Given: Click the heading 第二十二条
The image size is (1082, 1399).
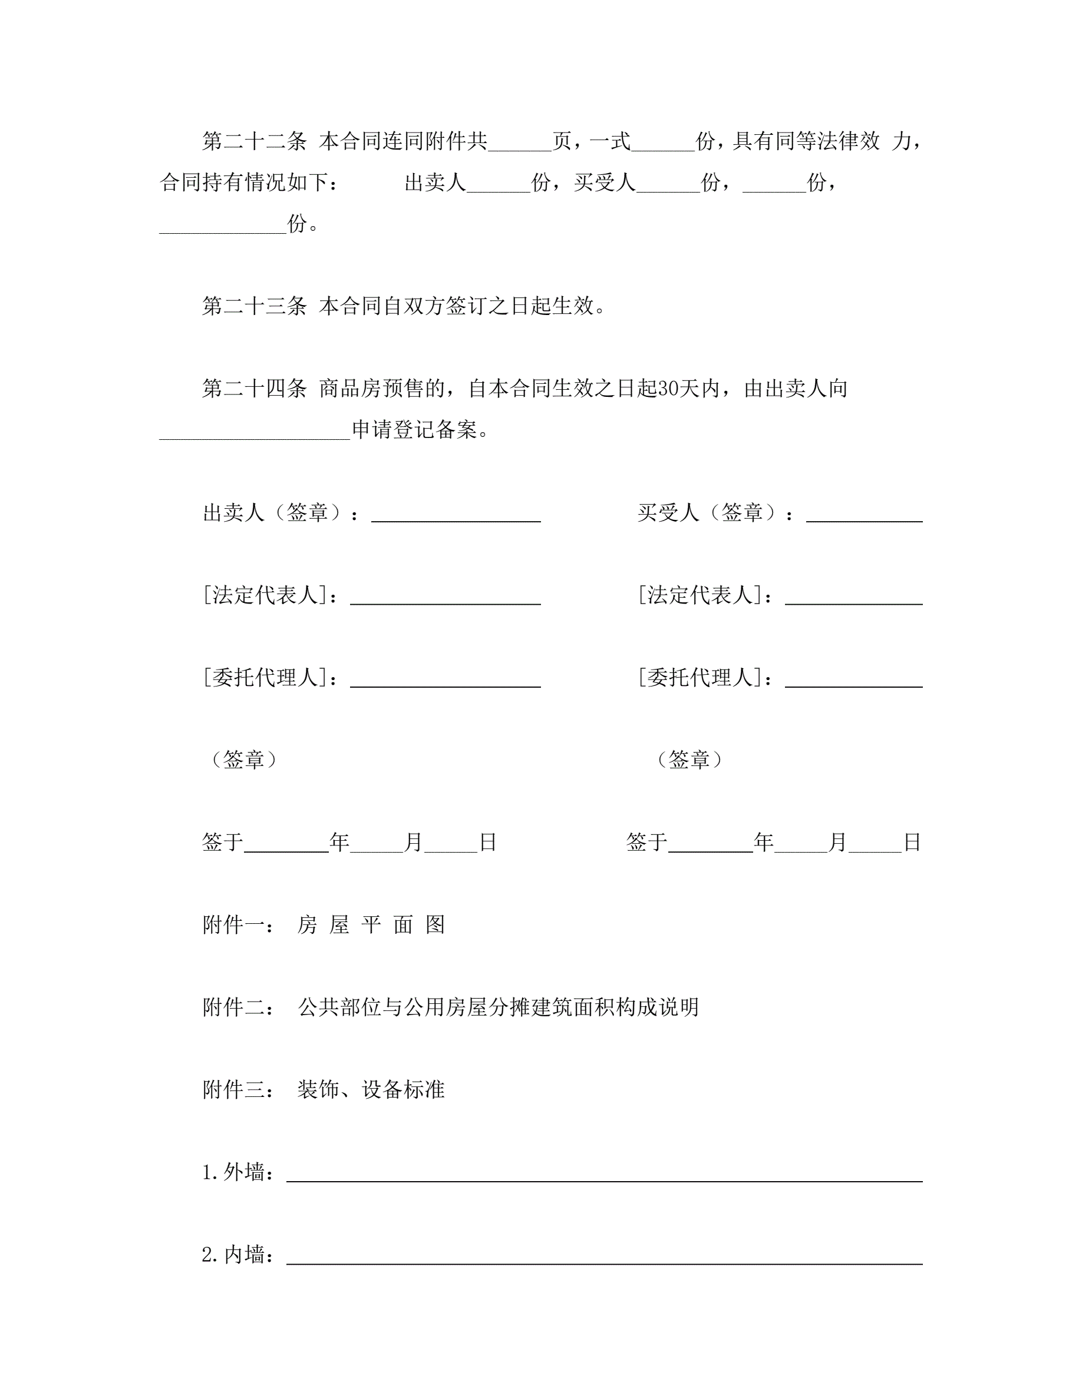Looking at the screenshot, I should [255, 141].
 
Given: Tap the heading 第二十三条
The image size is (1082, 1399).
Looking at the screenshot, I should [255, 306].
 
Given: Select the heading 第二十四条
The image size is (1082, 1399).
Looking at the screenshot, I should [255, 388].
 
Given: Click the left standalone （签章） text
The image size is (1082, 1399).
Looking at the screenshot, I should [243, 760].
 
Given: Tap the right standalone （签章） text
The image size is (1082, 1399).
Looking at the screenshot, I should [689, 760].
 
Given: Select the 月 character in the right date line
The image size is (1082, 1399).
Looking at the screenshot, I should [838, 843].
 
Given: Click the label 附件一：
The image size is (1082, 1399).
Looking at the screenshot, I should [239, 925].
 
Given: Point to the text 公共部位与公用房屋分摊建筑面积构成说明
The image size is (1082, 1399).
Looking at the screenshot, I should [498, 1007].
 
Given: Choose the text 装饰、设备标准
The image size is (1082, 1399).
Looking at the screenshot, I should [371, 1090].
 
